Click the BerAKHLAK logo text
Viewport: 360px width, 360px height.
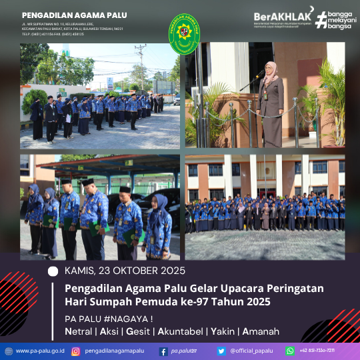click(x=281, y=17)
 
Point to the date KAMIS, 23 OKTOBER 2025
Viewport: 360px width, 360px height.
click(x=125, y=271)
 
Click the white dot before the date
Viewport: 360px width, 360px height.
click(x=53, y=271)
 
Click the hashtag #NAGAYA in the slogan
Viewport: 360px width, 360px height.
click(x=125, y=317)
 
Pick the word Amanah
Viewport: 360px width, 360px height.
click(x=261, y=331)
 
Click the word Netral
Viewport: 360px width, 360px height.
click(x=79, y=331)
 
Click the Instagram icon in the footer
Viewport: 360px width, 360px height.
click(x=76, y=351)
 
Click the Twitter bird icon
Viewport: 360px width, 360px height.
click(x=221, y=351)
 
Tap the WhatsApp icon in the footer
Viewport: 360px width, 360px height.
click(x=290, y=351)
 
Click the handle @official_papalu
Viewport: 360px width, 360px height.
click(x=251, y=351)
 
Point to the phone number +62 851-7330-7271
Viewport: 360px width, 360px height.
click(x=317, y=351)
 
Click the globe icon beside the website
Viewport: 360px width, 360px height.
click(x=8, y=351)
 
